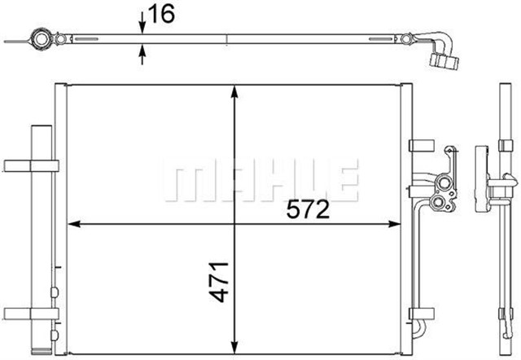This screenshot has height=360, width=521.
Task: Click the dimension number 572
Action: (308, 209)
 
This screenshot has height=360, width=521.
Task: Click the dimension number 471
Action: (219, 282)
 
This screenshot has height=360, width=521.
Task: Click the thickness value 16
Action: (162, 15)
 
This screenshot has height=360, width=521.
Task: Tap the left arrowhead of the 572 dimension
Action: (74, 224)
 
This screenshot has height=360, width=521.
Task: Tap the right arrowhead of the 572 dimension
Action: (394, 224)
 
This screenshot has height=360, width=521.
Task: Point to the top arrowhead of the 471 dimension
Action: (234, 91)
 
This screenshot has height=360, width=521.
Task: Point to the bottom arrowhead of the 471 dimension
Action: (234, 347)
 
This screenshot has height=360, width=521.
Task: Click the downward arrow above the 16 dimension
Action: (142, 23)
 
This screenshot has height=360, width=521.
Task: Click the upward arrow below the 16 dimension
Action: (142, 55)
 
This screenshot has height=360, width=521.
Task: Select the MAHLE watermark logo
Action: (260, 180)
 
